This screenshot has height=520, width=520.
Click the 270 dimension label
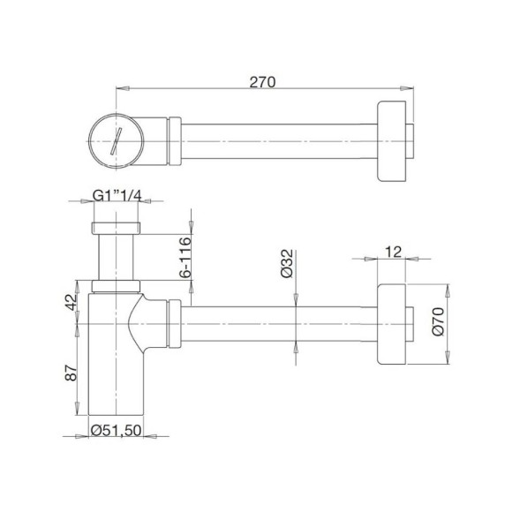263,82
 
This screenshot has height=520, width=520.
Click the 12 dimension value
394,252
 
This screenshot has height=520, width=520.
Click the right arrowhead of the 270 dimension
410,87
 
